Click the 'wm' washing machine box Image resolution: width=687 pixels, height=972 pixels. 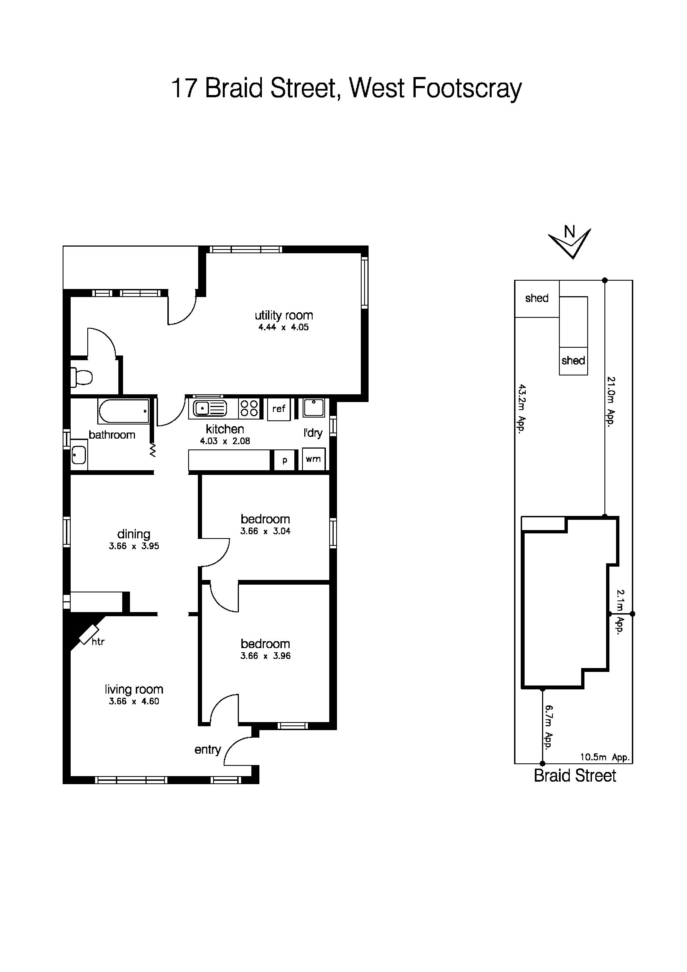point(313,459)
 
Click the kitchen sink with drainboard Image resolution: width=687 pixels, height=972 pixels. point(210,408)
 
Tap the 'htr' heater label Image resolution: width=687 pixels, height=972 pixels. point(98,642)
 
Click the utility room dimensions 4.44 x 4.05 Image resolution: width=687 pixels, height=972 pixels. point(284,327)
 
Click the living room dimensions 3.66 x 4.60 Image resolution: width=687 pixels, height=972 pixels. point(134,701)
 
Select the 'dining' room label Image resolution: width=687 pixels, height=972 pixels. point(134,534)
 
